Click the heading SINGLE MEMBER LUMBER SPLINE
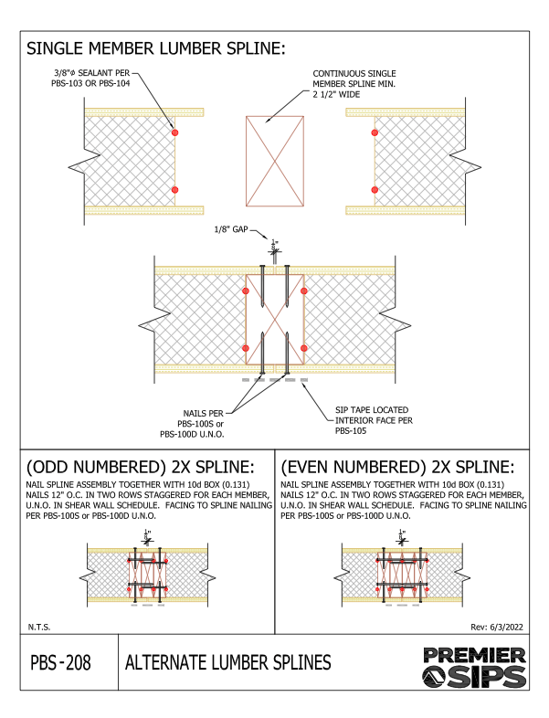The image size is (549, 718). click(x=156, y=48)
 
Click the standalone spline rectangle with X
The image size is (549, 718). click(x=274, y=155)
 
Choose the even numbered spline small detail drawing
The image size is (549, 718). click(x=403, y=574)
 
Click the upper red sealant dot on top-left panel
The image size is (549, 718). click(x=174, y=133)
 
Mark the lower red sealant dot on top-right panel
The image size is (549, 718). click(x=374, y=189)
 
